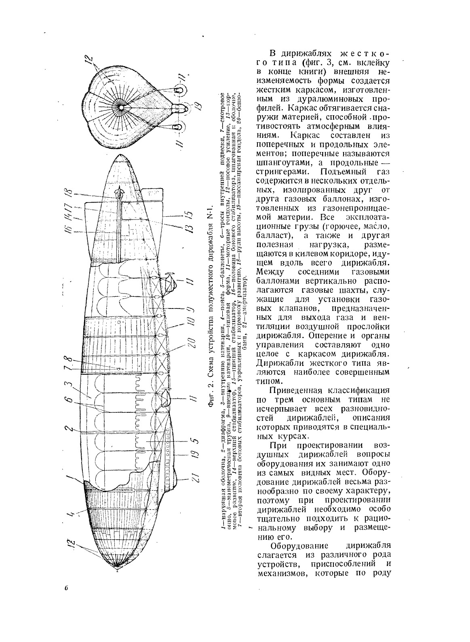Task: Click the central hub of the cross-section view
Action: pyautogui.click(x=122, y=108)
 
